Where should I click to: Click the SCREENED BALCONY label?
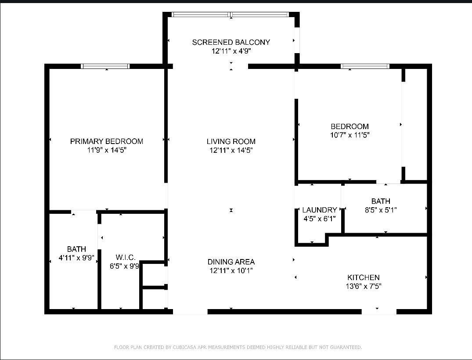pyautogui.click(x=231, y=42)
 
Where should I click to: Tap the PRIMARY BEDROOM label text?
pyautogui.click(x=107, y=141)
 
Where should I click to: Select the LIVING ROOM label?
pyautogui.click(x=231, y=141)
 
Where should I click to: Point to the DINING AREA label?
pyautogui.click(x=231, y=262)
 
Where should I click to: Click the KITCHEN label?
pyautogui.click(x=363, y=277)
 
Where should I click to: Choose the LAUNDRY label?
pyautogui.click(x=319, y=210)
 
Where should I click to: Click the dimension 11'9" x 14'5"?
pyautogui.click(x=107, y=150)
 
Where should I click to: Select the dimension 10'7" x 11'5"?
pyautogui.click(x=349, y=135)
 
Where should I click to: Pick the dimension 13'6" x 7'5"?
pyautogui.click(x=363, y=286)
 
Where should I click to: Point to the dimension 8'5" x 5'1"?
pyautogui.click(x=380, y=210)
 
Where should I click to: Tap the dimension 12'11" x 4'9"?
pyautogui.click(x=231, y=51)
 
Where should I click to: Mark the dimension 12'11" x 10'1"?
pyautogui.click(x=231, y=271)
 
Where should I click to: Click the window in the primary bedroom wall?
pyautogui.click(x=105, y=66)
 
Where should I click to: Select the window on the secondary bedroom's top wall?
pyautogui.click(x=365, y=66)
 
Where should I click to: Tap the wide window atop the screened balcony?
pyautogui.click(x=231, y=14)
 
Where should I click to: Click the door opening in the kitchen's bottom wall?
pyautogui.click(x=378, y=312)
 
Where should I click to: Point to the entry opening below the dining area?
pyautogui.click(x=190, y=312)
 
